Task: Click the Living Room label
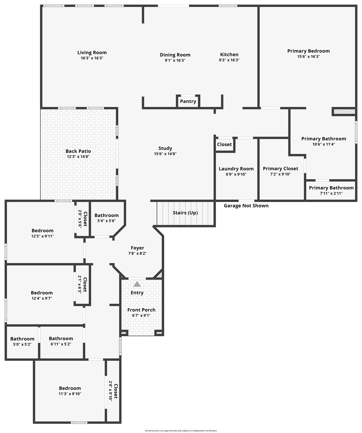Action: click(x=92, y=52)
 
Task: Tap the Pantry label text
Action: click(x=188, y=101)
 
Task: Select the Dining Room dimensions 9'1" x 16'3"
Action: click(x=175, y=60)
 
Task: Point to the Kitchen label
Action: click(x=229, y=54)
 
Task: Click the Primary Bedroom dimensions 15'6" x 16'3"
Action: click(x=308, y=56)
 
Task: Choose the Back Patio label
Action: click(x=78, y=151)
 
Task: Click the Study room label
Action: click(x=165, y=148)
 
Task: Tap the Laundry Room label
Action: click(x=236, y=169)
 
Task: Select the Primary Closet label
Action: click(x=280, y=169)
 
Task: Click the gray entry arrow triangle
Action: click(x=137, y=284)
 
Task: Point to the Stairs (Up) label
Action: click(x=185, y=213)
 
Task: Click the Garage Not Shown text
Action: click(x=246, y=206)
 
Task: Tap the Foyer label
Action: click(x=137, y=248)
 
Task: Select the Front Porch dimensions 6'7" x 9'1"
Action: click(x=141, y=315)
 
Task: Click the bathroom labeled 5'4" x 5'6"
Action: click(x=106, y=218)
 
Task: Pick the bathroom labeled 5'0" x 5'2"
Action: click(x=22, y=341)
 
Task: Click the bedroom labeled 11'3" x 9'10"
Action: click(x=70, y=391)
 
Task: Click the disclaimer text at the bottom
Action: click(x=181, y=430)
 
